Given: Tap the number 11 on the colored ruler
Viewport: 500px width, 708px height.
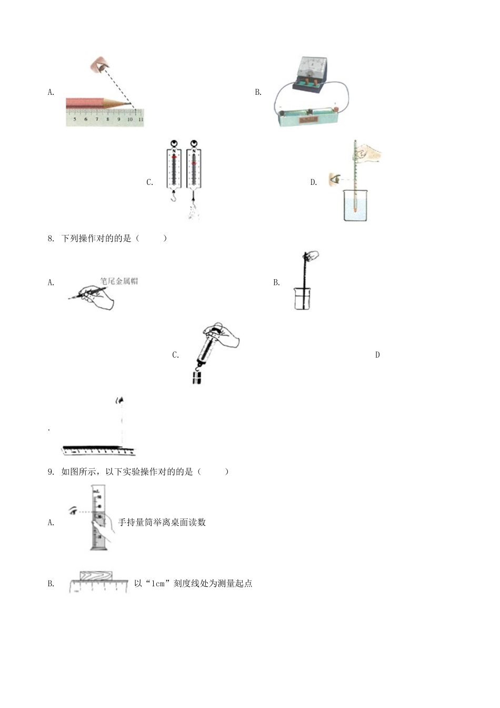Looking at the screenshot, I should coord(141,120).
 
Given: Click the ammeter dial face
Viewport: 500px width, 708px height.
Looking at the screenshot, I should coord(312,69).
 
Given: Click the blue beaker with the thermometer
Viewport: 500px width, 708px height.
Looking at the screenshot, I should coord(355,206).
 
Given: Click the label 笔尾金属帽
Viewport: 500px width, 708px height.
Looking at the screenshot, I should coord(119,281).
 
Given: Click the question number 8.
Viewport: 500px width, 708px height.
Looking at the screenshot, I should coord(51,238).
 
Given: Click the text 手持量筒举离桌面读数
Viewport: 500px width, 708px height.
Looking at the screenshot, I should coord(162,523).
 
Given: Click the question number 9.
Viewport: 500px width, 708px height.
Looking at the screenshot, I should coord(51,471).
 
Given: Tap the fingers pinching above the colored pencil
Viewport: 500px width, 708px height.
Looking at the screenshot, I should coord(98,65).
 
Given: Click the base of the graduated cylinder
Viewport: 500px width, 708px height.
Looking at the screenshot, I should coord(99,548).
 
